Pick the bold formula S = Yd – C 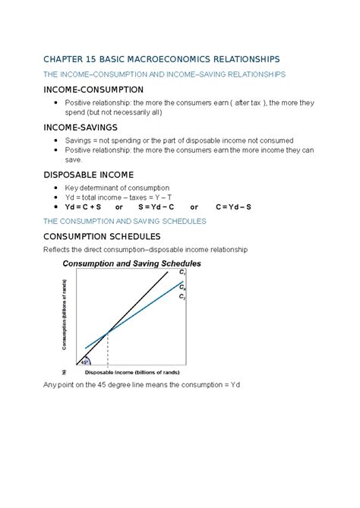click(156, 206)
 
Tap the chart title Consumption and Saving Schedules click(131, 263)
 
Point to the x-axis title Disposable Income click(131, 372)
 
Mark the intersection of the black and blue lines click(108, 331)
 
